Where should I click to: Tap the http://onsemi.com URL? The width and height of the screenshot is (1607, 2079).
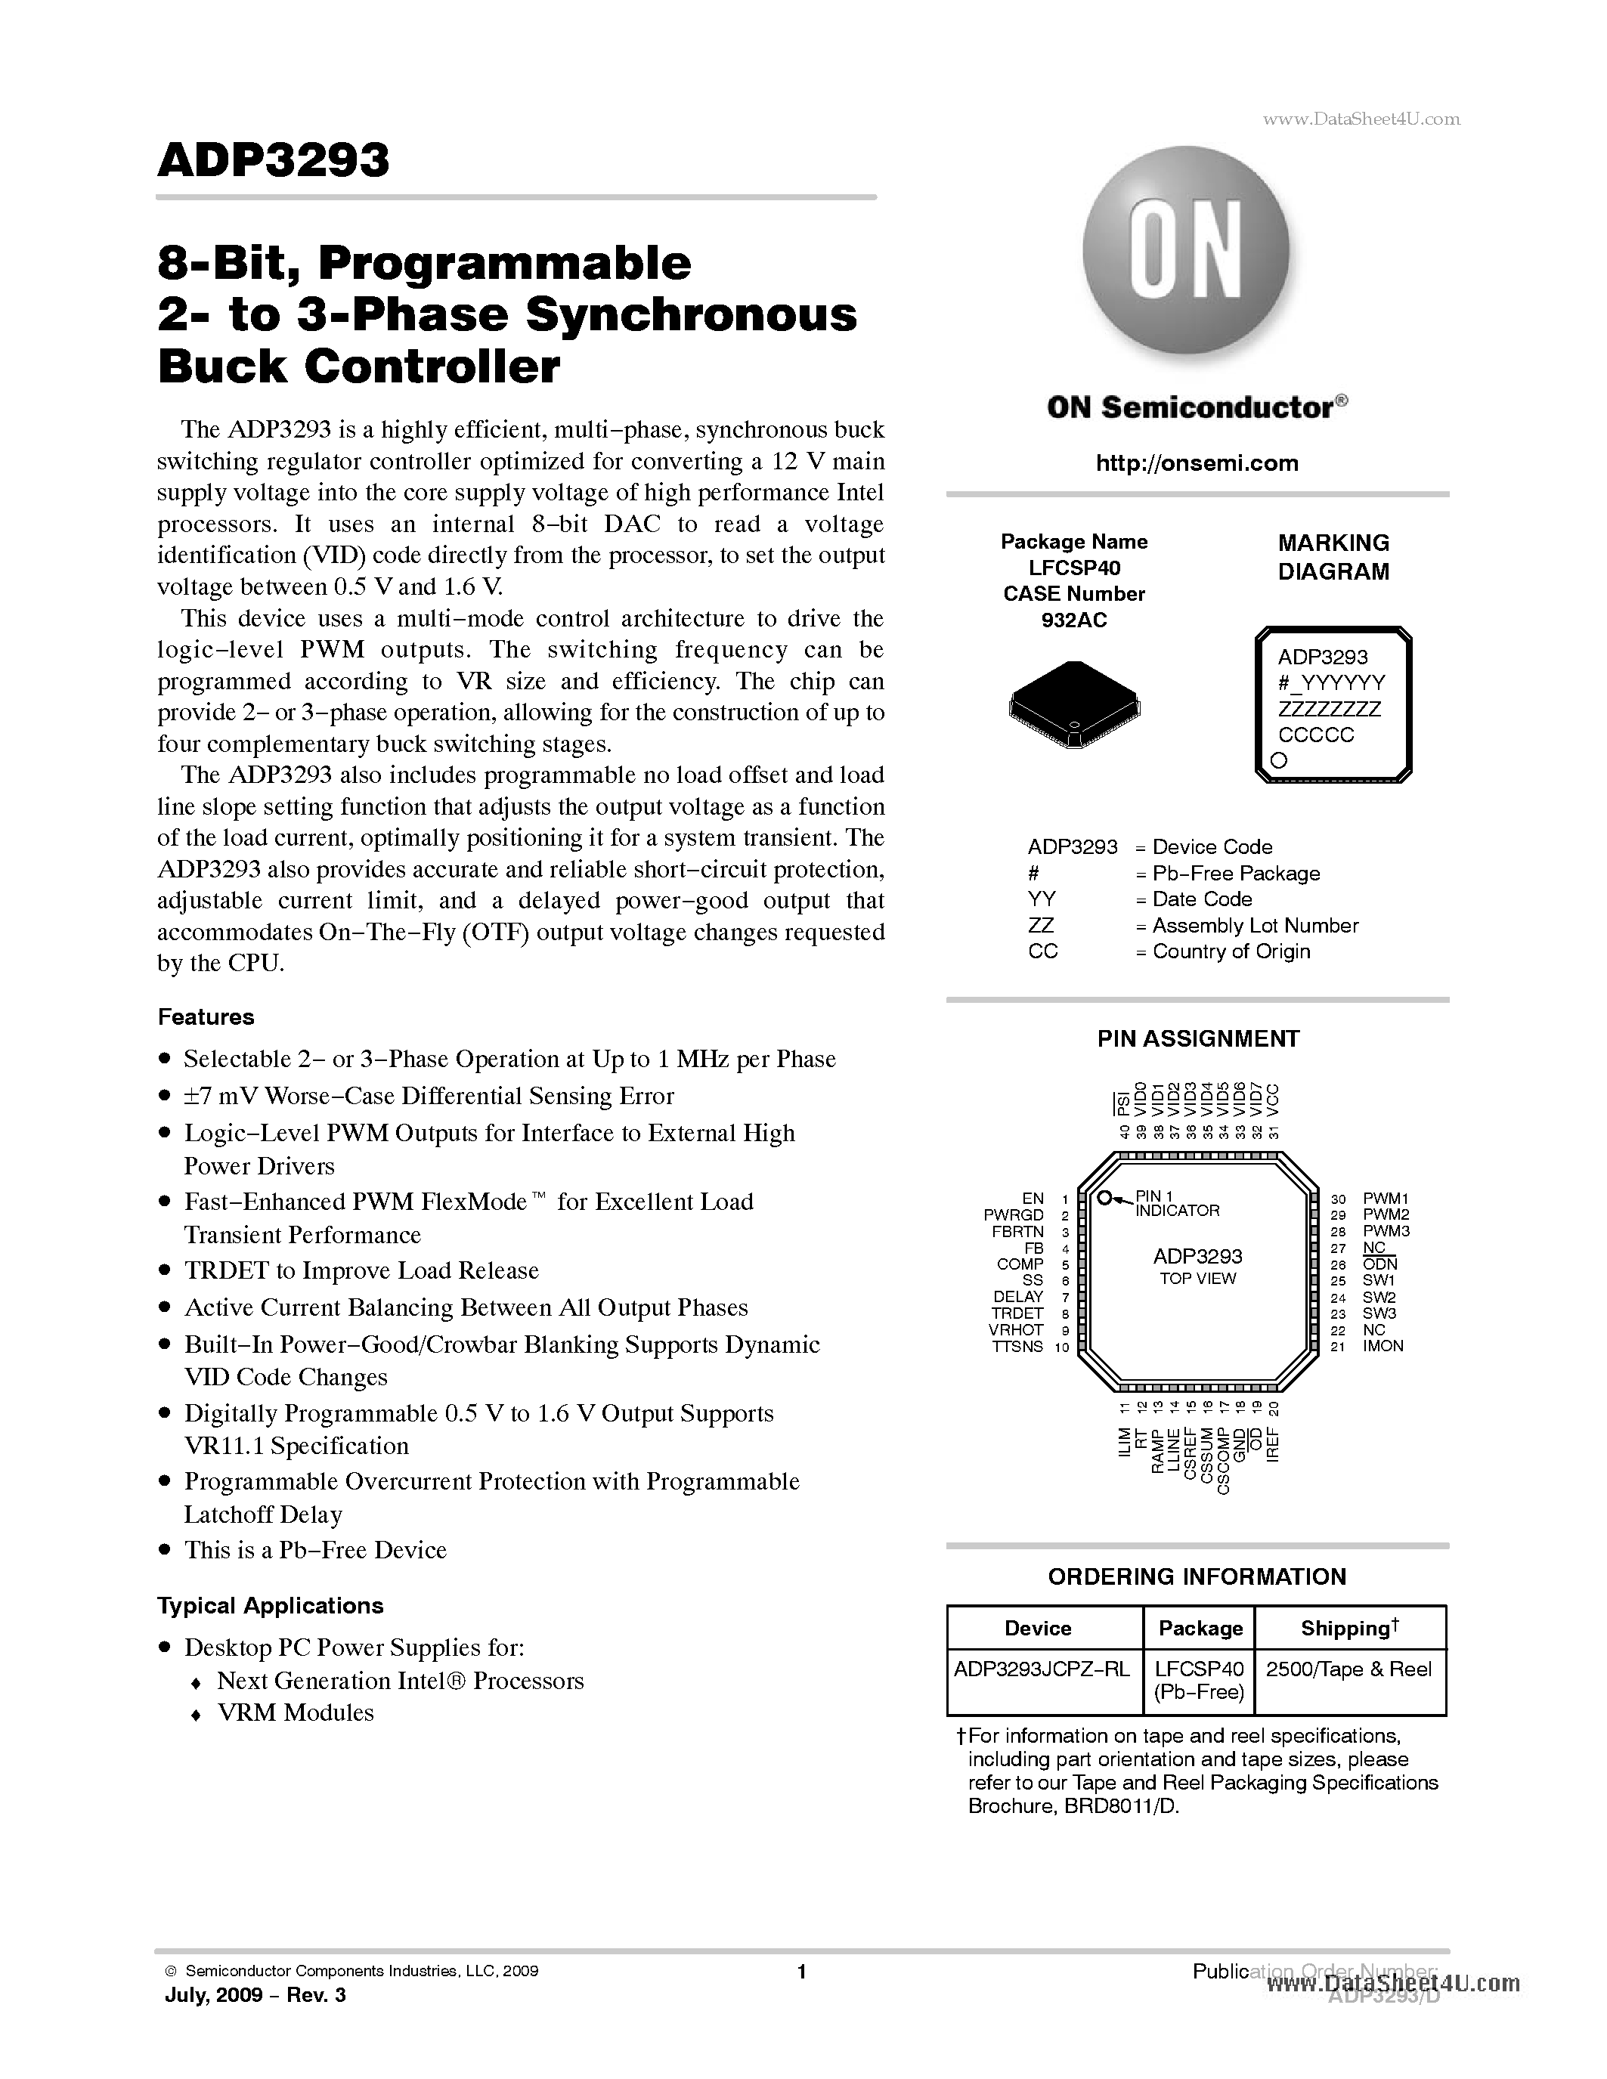[1197, 463]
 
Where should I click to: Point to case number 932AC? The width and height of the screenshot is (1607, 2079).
[1074, 620]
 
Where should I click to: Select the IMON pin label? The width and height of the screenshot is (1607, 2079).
[1383, 1346]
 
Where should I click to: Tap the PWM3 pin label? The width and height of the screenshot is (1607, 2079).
[1386, 1231]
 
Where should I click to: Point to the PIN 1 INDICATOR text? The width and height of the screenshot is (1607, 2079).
[1177, 1203]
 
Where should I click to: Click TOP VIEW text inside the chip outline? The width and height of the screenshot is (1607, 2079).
[1197, 1279]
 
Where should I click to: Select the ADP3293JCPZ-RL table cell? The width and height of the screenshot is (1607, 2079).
[1042, 1669]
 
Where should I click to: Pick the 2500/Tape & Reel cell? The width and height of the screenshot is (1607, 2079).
[1349, 1669]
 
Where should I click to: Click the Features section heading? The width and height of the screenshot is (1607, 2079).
[206, 1016]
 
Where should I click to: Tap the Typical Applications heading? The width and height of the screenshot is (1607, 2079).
[271, 1606]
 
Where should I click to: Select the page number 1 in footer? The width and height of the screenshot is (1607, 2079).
[801, 1972]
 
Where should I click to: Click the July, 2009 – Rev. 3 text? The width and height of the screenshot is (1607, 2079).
[255, 1994]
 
